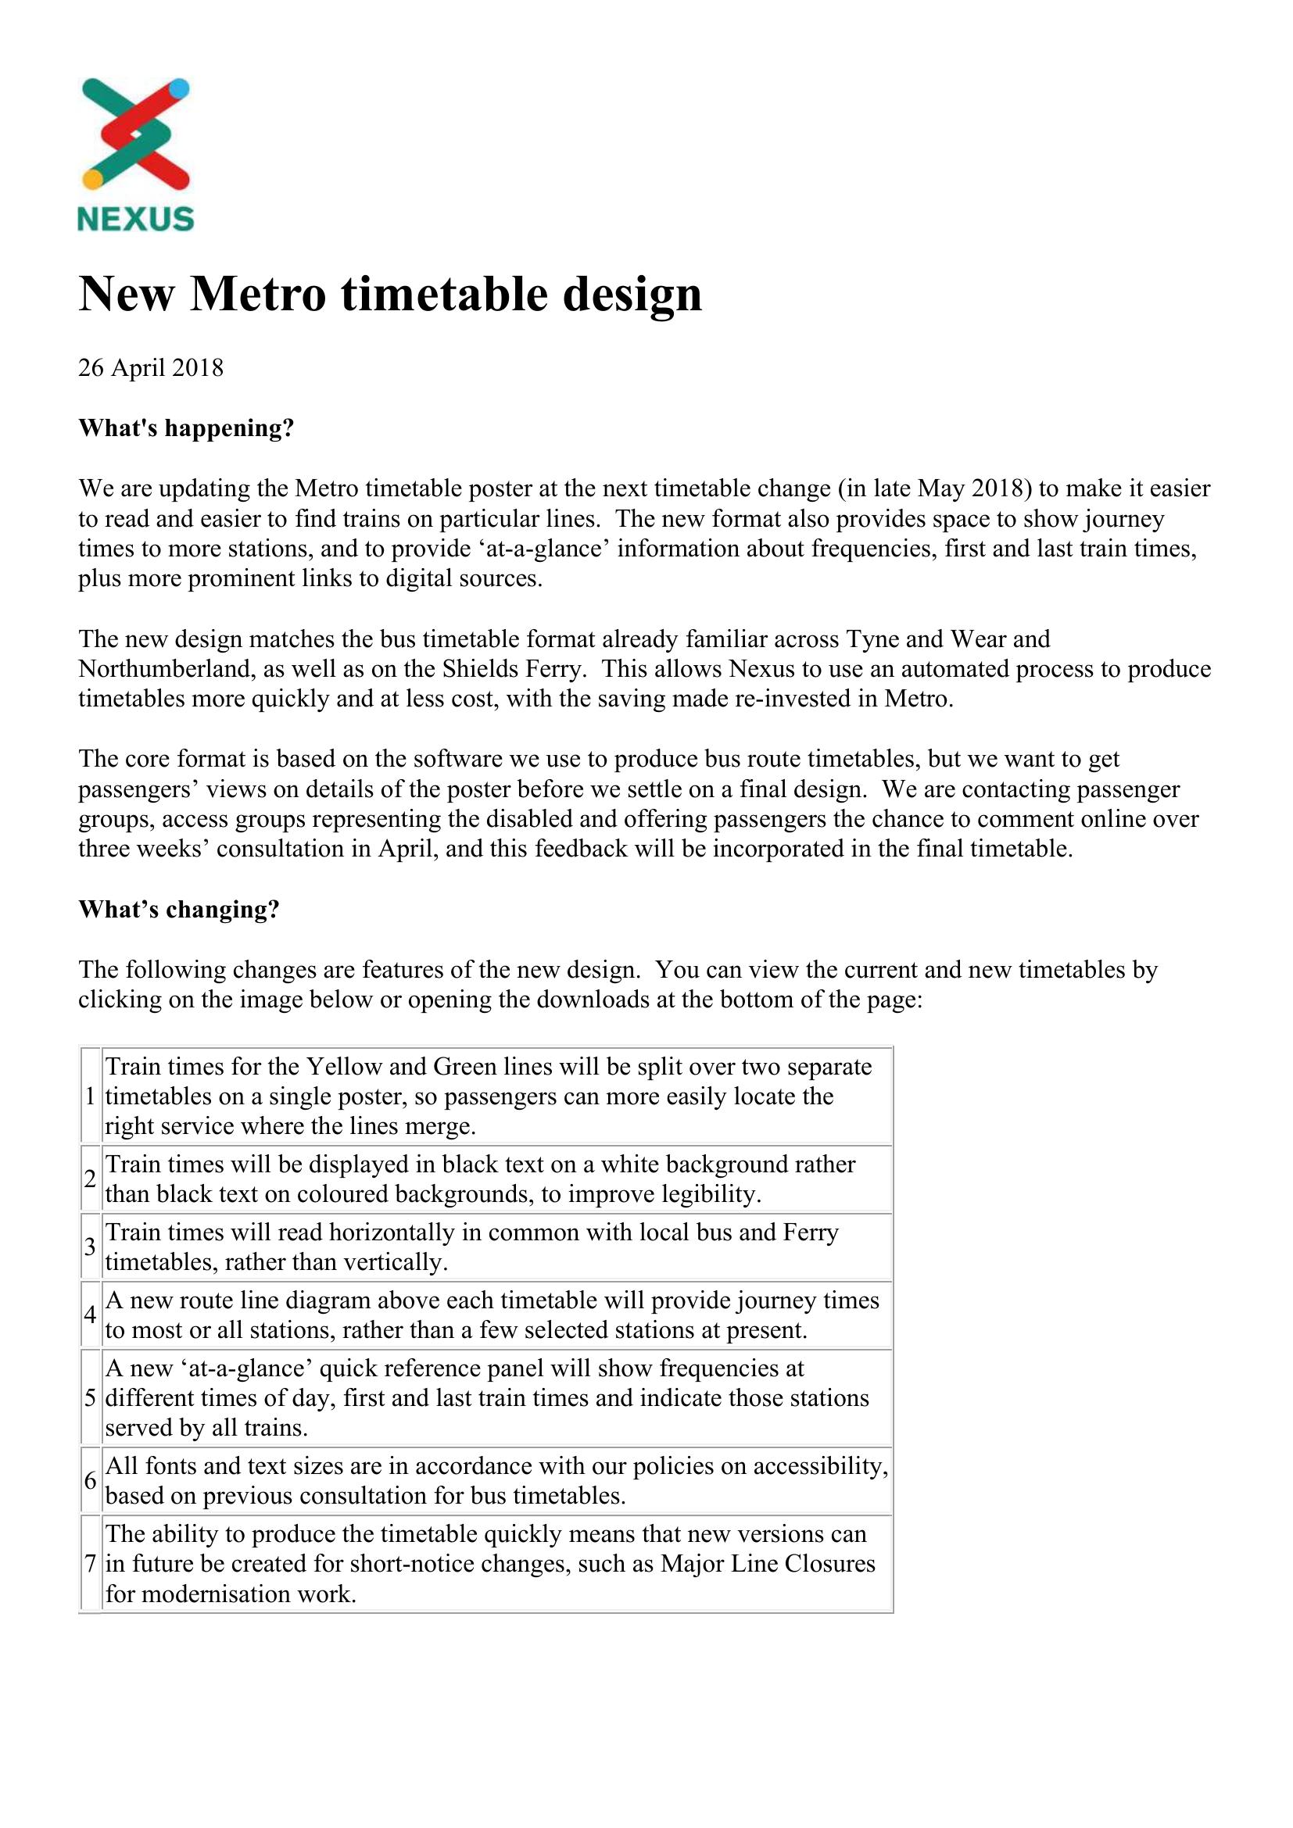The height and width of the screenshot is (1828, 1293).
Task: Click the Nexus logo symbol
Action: [x=135, y=134]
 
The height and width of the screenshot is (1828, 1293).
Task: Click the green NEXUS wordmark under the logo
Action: [x=135, y=219]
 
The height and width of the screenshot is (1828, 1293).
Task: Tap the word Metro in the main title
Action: [x=258, y=294]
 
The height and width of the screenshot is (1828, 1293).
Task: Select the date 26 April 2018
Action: [x=150, y=368]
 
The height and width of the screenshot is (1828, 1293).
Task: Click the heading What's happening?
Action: [x=186, y=428]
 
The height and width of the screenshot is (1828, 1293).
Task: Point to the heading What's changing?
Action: [x=179, y=909]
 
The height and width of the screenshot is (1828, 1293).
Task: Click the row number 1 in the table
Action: [x=91, y=1096]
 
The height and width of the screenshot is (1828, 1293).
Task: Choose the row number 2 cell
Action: [x=91, y=1179]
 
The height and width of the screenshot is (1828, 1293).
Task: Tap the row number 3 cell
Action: [x=91, y=1247]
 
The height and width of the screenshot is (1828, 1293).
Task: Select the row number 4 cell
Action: [x=91, y=1315]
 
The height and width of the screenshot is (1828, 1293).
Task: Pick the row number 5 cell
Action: [x=91, y=1397]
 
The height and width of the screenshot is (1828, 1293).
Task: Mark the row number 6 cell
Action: [x=91, y=1481]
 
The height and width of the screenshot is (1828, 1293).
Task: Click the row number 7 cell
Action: [x=91, y=1564]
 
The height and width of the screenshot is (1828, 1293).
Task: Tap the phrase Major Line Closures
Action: [x=768, y=1564]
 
